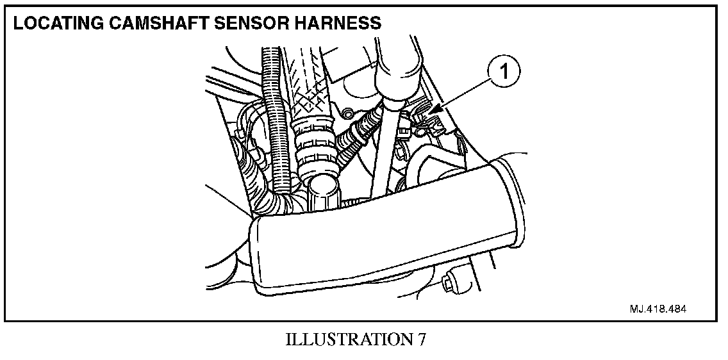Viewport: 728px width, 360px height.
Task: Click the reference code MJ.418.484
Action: point(658,308)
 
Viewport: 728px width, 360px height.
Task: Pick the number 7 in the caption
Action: point(421,340)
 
